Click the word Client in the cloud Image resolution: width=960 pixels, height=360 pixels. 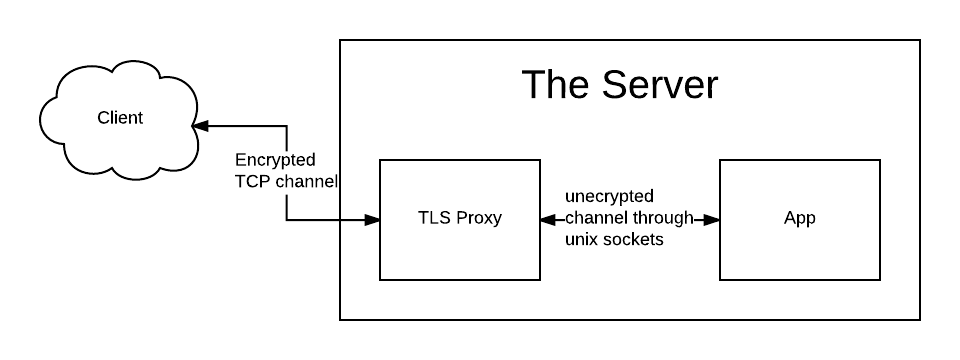point(120,118)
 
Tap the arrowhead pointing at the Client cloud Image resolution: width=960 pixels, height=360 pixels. point(200,126)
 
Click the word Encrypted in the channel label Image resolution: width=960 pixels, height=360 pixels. point(276,160)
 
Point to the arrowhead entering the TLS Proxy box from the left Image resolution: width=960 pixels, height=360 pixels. point(372,220)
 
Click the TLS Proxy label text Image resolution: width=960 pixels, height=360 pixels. point(460,218)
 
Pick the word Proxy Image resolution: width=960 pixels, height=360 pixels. point(479,219)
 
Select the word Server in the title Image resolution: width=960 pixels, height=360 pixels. point(659,84)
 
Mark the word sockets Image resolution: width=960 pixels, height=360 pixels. point(634,239)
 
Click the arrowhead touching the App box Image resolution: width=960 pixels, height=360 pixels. point(711,220)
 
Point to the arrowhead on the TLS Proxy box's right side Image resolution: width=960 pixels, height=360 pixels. point(548,220)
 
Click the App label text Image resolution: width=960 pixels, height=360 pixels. point(800,219)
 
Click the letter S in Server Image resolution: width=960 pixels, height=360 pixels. point(613,84)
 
